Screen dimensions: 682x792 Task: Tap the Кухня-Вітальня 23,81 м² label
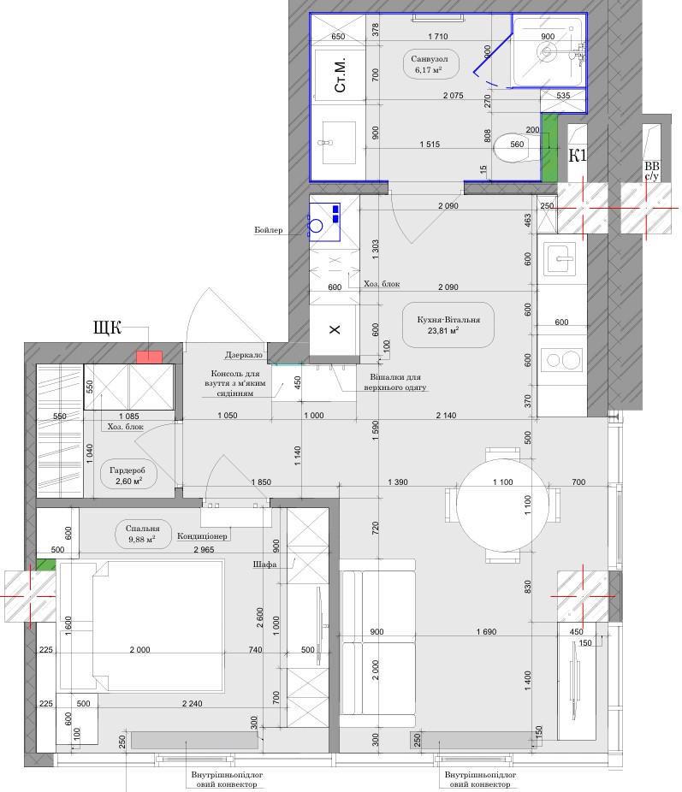[448, 325]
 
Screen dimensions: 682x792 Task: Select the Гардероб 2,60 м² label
[128, 476]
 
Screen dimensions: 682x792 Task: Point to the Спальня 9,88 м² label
[142, 534]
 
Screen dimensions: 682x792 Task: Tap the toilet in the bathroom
[516, 148]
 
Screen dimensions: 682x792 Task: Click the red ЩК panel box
[150, 358]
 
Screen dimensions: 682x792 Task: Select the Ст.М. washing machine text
[340, 74]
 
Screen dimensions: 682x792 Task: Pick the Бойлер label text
[268, 230]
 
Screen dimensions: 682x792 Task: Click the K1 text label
[578, 156]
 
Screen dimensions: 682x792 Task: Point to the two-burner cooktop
[561, 360]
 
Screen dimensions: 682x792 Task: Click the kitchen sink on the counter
[560, 258]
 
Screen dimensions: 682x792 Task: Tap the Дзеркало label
[244, 355]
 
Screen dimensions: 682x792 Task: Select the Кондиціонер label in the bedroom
[202, 536]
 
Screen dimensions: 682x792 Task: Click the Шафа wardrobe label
[264, 564]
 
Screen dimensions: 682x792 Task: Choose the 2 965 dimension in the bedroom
[204, 550]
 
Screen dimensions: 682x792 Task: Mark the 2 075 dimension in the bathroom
[454, 96]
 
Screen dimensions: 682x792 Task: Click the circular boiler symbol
[317, 225]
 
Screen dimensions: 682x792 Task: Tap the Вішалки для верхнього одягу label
[395, 382]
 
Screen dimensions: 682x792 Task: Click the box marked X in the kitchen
[335, 329]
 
